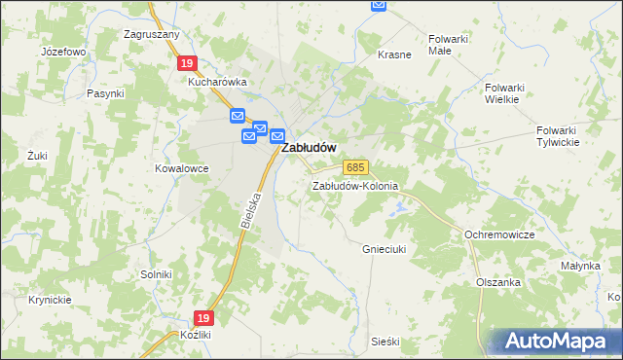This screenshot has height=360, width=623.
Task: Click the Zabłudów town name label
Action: point(310,148)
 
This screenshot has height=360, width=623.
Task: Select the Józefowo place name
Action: point(63,51)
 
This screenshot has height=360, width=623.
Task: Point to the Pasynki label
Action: point(105,93)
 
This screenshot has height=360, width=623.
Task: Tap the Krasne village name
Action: point(394,54)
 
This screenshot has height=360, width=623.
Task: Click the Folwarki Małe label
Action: point(449,46)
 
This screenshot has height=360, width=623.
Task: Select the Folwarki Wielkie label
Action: point(505,92)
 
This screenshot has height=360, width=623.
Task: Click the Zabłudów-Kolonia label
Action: point(355,186)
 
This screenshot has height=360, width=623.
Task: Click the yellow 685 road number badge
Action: point(355,168)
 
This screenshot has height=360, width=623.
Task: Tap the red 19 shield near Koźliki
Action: point(202,318)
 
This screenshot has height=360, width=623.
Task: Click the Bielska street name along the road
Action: point(249,210)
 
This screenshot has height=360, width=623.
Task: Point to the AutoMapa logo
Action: point(552,340)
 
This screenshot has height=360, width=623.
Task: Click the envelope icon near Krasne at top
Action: point(379,6)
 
